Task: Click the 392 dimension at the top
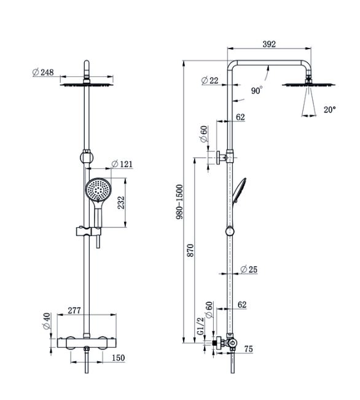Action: (269, 44)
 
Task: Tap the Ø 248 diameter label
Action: (43, 72)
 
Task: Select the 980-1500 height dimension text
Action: (179, 202)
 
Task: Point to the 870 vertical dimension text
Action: (190, 251)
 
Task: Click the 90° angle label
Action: (256, 90)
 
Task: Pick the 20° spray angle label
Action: (330, 110)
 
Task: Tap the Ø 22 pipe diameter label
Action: (209, 80)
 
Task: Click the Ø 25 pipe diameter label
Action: (249, 269)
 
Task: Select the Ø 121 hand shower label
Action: (122, 164)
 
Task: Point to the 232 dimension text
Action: (121, 203)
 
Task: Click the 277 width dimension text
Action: (74, 310)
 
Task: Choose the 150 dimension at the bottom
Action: (119, 358)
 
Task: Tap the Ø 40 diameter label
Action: (47, 321)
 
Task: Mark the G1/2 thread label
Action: (201, 326)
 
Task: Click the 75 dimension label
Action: (248, 349)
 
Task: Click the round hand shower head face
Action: (98, 189)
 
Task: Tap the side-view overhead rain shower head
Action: (309, 84)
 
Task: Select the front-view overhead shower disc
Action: (87, 84)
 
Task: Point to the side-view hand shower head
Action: (240, 190)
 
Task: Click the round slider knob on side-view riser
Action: (230, 232)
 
